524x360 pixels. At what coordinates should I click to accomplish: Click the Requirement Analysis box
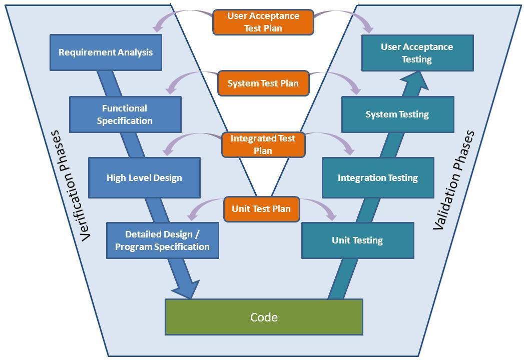(x=106, y=52)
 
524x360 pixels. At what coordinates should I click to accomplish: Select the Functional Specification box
(x=125, y=114)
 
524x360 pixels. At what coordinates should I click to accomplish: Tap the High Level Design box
(x=144, y=178)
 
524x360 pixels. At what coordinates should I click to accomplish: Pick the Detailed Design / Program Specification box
(x=162, y=240)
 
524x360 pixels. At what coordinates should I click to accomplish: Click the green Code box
(x=264, y=317)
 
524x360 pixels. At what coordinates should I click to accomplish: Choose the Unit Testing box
(x=357, y=240)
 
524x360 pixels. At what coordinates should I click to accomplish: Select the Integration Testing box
(x=378, y=178)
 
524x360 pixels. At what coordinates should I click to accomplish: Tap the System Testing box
(x=397, y=114)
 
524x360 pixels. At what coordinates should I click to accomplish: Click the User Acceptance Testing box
(x=417, y=53)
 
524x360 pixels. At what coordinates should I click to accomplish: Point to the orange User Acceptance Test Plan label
(x=263, y=22)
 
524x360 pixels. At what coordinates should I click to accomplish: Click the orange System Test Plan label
(x=263, y=83)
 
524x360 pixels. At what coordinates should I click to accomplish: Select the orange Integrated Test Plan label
(x=263, y=144)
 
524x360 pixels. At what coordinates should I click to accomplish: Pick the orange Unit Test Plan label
(x=261, y=209)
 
